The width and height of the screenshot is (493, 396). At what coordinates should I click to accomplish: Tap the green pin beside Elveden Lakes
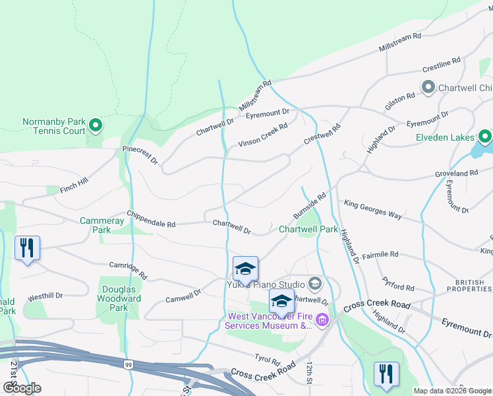[485, 137]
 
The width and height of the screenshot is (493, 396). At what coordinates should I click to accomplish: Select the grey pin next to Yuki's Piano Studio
[314, 284]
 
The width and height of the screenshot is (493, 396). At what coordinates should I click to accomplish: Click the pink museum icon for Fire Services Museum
[322, 321]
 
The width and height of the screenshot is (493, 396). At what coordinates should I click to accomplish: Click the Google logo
[22, 388]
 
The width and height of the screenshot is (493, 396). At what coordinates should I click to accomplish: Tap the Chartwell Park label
[308, 230]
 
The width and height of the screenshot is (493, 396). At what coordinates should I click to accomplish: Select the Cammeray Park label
[101, 225]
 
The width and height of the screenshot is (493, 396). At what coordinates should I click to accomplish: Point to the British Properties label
[469, 285]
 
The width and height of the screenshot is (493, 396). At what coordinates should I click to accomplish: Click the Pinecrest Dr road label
[140, 155]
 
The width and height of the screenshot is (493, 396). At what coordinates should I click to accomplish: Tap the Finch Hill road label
[73, 185]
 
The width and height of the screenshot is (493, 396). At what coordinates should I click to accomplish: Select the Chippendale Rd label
[151, 220]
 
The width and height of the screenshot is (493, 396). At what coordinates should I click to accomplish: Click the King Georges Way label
[373, 211]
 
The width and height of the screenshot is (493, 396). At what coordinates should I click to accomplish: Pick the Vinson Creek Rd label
[263, 134]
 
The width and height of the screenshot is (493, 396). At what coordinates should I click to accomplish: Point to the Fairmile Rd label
[380, 254]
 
